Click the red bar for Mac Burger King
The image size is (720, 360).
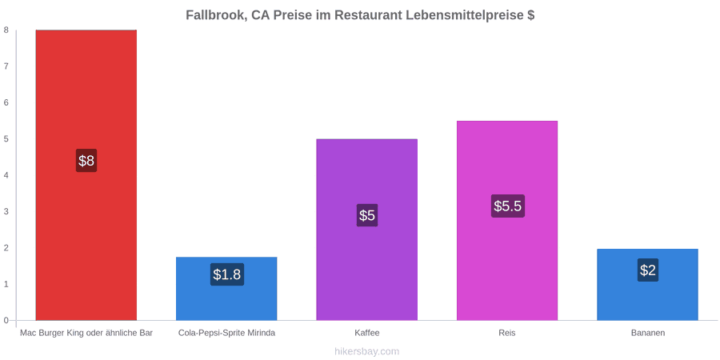click(x=86, y=175)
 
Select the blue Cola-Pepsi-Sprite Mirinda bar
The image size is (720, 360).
click(x=226, y=288)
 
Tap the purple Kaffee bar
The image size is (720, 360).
click(x=367, y=230)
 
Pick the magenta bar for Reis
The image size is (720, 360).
click(x=507, y=221)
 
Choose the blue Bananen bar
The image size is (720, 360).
click(x=647, y=285)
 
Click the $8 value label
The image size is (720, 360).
click(x=86, y=161)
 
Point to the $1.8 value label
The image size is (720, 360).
click(x=227, y=274)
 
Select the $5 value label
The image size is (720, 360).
click(x=367, y=215)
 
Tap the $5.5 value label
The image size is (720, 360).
click(x=507, y=206)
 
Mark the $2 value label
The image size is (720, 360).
click(x=647, y=270)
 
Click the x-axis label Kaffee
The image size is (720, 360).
click(x=367, y=333)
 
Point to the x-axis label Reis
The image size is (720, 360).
click(x=507, y=333)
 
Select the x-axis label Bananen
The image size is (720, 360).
click(x=647, y=333)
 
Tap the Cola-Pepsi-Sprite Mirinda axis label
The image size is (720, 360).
click(x=227, y=333)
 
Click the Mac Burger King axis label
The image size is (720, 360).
click(x=86, y=333)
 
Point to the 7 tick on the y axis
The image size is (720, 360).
click(x=7, y=66)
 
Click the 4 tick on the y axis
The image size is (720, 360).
click(x=7, y=175)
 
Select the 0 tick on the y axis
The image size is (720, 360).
click(x=7, y=320)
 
